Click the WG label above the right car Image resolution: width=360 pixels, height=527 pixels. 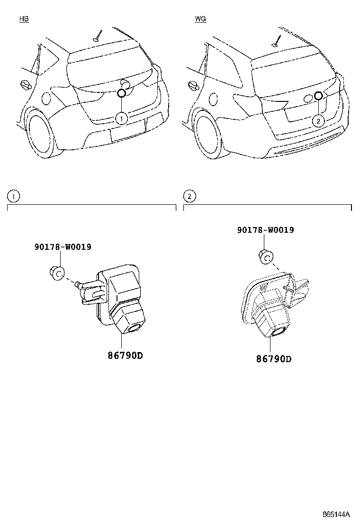point(200,19)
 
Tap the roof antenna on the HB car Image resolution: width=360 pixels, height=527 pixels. point(98,36)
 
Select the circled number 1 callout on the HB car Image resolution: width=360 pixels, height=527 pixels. point(121,118)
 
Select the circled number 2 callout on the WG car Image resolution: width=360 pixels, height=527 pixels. point(318,121)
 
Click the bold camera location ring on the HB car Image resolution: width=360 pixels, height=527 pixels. point(121,94)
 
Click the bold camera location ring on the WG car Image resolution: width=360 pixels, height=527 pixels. point(318,97)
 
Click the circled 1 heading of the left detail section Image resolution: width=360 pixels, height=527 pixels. point(14,196)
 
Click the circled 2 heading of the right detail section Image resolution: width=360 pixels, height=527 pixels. point(189,196)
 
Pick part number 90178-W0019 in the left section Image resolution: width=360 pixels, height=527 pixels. point(63,247)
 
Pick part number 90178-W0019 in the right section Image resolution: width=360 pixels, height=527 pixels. point(265,230)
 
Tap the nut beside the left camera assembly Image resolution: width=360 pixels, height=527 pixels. point(56,273)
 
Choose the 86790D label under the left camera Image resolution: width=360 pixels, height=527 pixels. point(121,355)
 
